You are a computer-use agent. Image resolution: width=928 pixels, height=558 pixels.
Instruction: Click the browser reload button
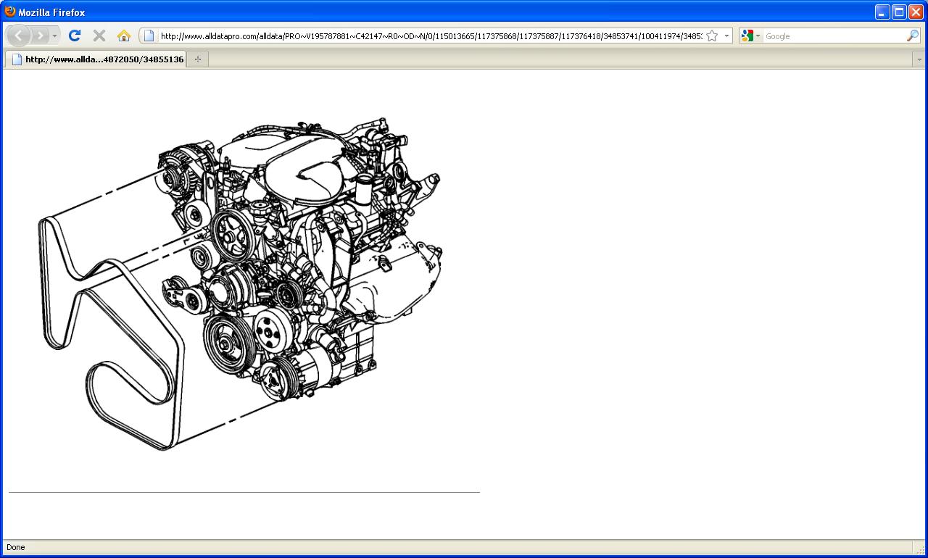click(x=75, y=36)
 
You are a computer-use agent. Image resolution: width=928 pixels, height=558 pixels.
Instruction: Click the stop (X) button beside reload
click(x=99, y=36)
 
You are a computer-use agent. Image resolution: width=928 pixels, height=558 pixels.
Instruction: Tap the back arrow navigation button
click(x=19, y=36)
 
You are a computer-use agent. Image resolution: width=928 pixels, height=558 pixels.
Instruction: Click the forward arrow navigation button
click(x=40, y=36)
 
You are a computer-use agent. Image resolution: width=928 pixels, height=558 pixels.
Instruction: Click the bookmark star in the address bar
click(x=712, y=36)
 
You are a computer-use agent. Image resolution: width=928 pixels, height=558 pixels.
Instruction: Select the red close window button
click(x=916, y=12)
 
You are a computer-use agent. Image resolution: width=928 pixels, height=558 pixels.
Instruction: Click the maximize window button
click(x=899, y=12)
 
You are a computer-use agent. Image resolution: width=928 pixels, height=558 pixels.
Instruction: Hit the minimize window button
click(x=882, y=12)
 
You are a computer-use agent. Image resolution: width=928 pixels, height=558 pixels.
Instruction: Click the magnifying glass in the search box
click(x=912, y=36)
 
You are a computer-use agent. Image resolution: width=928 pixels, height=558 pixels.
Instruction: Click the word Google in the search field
click(x=778, y=36)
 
